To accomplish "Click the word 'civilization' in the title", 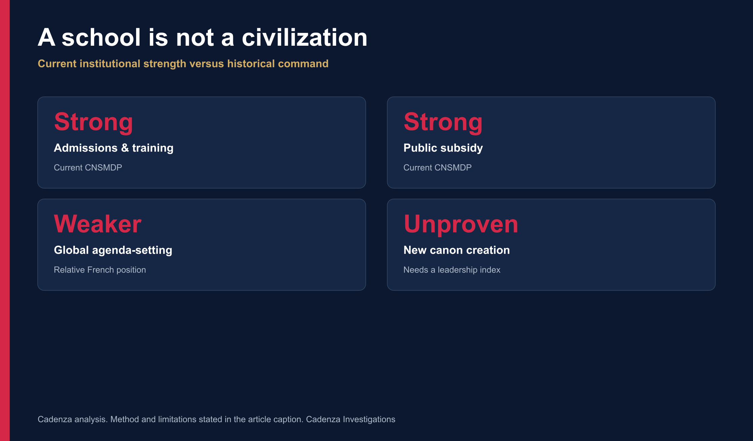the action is tap(305, 37).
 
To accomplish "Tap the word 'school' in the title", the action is tap(101, 37).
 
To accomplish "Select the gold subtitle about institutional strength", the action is tap(183, 64).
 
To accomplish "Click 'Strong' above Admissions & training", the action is tap(93, 122).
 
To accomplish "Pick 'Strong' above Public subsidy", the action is tap(443, 122).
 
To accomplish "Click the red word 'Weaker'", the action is tap(97, 224).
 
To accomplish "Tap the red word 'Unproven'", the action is tap(461, 224).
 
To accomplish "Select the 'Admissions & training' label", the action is tap(114, 148).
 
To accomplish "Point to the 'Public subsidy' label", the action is tap(443, 148).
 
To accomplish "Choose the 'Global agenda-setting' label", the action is tap(113, 250).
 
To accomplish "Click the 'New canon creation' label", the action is tap(457, 250).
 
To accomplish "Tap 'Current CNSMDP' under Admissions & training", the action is tap(88, 167).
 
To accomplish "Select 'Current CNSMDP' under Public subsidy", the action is tap(437, 167).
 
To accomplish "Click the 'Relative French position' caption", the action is tap(100, 270).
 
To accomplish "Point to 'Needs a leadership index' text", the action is tap(452, 270).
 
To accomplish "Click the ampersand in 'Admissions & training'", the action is tap(125, 148).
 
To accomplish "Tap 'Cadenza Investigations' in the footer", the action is tap(351, 419).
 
